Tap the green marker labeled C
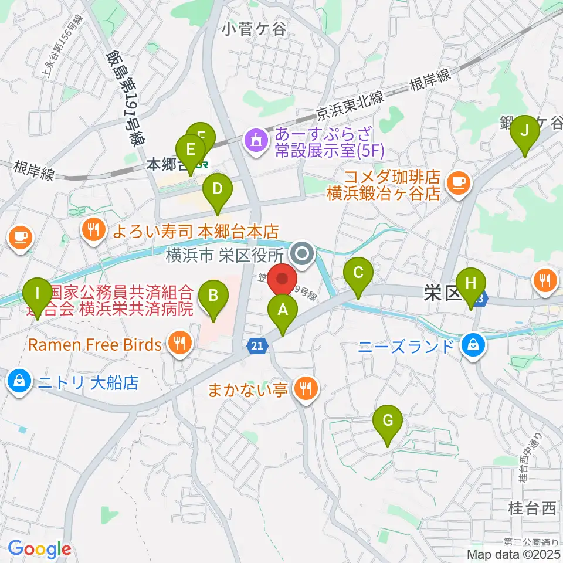coord(359,273)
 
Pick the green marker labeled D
coord(218,189)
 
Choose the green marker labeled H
coord(471,283)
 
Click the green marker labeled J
coord(525,131)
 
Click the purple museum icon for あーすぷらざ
coord(256,141)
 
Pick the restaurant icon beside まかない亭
coord(306,388)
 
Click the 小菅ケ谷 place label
coord(254,28)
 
